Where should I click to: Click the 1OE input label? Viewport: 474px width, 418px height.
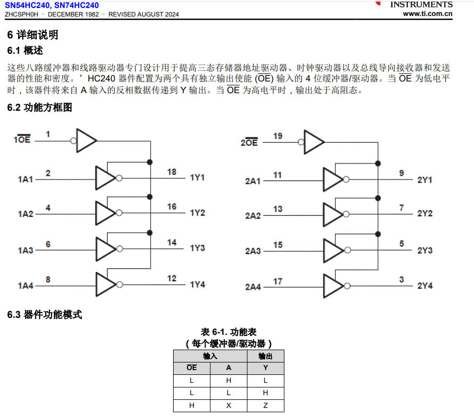[x=22, y=140]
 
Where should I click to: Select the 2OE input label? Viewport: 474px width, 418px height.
[x=249, y=142]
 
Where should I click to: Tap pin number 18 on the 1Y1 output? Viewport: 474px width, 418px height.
[x=171, y=171]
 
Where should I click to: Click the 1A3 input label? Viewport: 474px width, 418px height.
[x=25, y=250]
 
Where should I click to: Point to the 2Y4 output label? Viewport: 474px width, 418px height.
[x=424, y=286]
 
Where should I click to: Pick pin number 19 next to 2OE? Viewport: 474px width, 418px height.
[x=277, y=136]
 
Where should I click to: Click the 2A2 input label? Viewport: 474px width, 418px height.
[x=252, y=216]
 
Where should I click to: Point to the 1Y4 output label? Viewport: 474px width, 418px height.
[x=198, y=284]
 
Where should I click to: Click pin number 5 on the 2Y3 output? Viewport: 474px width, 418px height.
[x=402, y=244]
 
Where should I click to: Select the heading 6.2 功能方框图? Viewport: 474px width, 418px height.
[x=39, y=108]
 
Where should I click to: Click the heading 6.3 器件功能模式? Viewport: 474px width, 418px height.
[x=45, y=315]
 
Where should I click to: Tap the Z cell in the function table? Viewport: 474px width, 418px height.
[x=265, y=405]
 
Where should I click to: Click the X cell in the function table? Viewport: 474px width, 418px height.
[x=228, y=405]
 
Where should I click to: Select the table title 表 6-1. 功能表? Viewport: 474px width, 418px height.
[x=228, y=332]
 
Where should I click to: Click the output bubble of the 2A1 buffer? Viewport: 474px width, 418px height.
[x=347, y=180]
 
